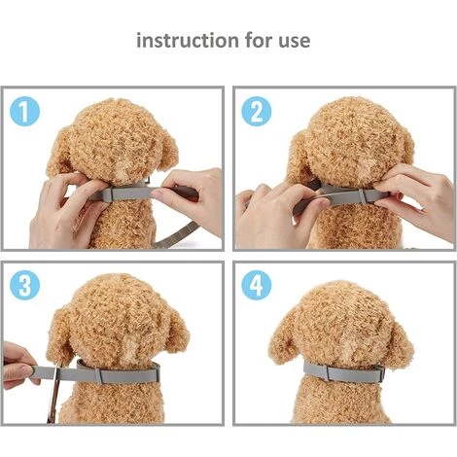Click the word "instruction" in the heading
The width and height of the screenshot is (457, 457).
pos(188,41)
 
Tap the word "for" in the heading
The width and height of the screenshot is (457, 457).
pos(258,40)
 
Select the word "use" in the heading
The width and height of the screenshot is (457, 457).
pos(294,42)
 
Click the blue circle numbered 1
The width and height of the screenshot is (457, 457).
pos(24,111)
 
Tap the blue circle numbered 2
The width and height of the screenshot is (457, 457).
pos(257,111)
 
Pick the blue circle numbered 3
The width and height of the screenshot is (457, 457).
pos(24,285)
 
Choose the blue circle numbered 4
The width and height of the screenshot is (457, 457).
pos(257,285)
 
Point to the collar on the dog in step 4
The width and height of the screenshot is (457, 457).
pos(344,372)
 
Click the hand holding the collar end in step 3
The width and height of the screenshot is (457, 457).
pos(18,366)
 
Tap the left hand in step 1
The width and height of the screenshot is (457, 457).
pos(65,211)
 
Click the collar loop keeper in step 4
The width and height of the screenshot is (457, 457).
pos(328,372)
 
